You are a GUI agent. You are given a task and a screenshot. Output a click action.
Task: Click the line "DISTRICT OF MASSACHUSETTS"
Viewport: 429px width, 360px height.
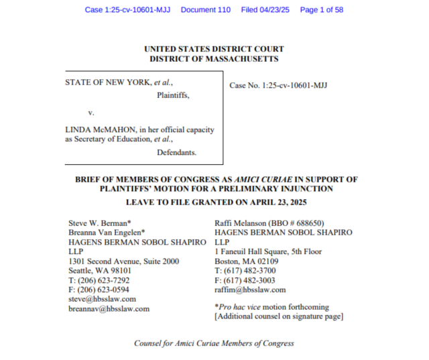point(214,59)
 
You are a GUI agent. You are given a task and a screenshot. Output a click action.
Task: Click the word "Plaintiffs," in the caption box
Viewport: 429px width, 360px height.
point(173,95)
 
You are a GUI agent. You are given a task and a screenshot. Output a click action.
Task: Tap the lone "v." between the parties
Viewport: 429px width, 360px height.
point(92,112)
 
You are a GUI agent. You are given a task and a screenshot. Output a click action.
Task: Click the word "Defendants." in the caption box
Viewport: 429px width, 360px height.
point(177,152)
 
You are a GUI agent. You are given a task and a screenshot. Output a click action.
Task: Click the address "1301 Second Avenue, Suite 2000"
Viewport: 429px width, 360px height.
point(124,261)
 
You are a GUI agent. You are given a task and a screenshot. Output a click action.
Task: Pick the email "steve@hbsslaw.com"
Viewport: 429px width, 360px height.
point(103,298)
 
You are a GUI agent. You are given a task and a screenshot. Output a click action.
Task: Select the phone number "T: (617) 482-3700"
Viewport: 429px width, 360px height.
point(245,271)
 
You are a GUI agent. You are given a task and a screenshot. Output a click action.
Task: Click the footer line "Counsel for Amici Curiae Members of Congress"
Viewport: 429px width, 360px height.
point(214,343)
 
